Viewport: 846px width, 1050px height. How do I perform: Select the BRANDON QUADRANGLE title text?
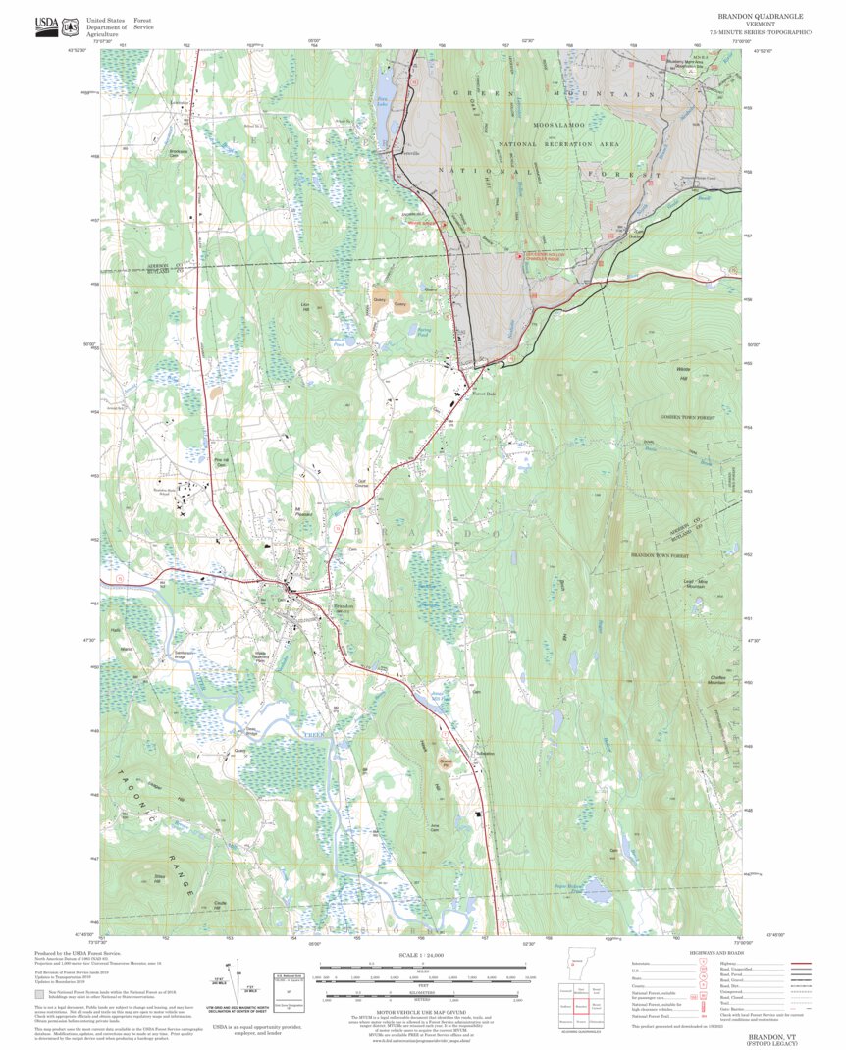coord(762,16)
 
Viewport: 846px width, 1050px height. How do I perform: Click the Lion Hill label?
coord(304,306)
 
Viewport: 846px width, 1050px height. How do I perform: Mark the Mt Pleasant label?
coord(303,511)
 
